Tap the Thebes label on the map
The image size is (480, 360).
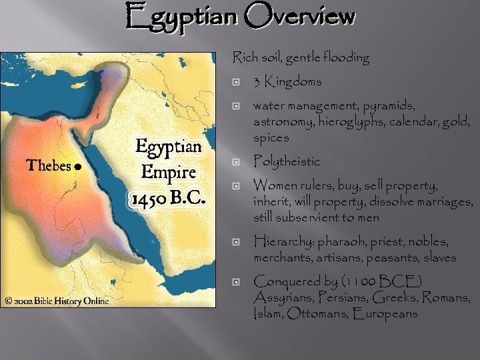(x=49, y=166)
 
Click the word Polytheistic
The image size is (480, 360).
(x=287, y=161)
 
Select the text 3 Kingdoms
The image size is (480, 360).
(x=287, y=82)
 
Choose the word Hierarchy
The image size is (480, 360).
(x=284, y=241)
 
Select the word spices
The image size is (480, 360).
(x=271, y=138)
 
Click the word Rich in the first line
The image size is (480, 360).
(x=244, y=58)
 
